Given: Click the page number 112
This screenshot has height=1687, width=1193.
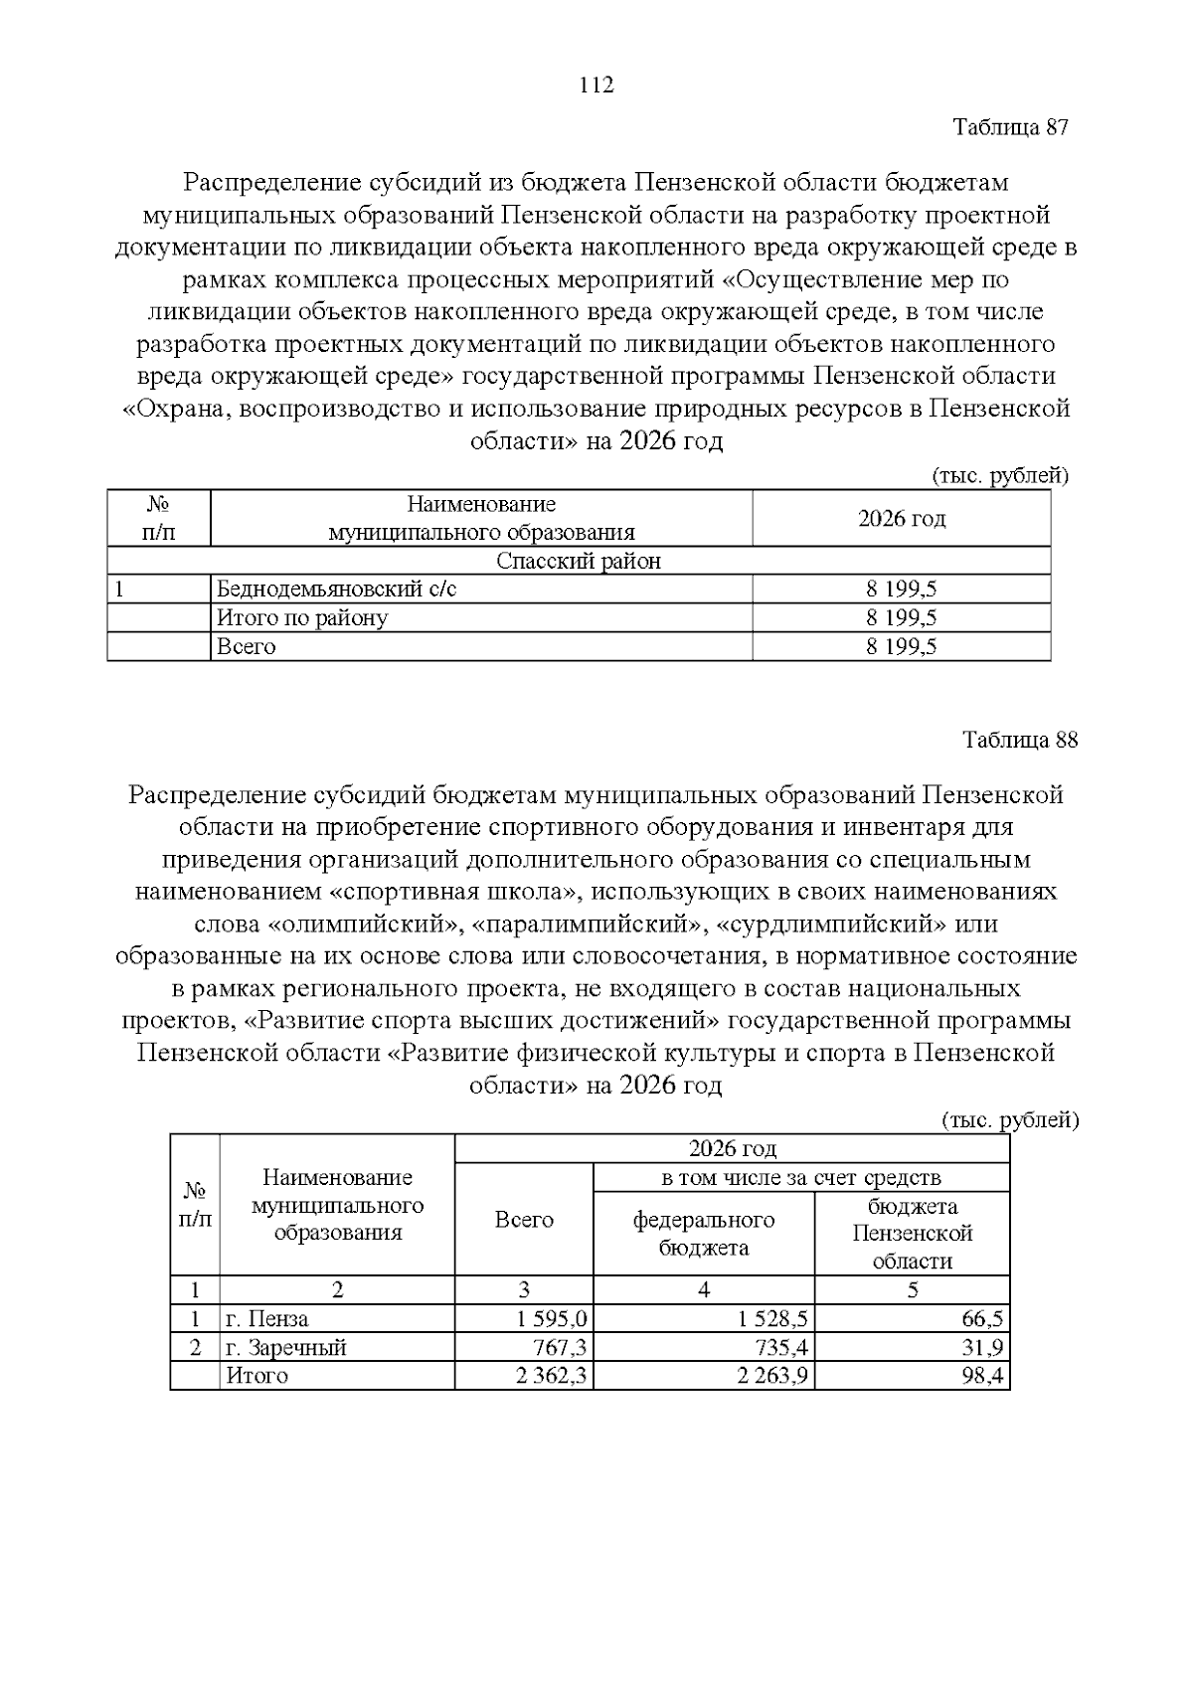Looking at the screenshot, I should click(x=596, y=85).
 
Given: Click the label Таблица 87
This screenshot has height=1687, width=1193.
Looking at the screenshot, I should click(x=1010, y=128).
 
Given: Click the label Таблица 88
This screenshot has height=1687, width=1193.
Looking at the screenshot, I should click(x=1020, y=741).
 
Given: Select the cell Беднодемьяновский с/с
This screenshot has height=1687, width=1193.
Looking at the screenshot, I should click(x=337, y=590).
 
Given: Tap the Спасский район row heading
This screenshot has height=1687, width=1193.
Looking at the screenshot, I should click(x=579, y=561).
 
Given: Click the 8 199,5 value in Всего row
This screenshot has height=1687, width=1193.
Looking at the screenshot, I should click(x=901, y=647).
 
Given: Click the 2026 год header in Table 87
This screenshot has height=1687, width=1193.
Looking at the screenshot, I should click(x=901, y=519).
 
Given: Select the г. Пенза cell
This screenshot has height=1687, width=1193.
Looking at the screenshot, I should click(x=267, y=1319).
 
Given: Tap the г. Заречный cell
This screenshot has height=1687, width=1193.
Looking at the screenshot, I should click(x=286, y=1348).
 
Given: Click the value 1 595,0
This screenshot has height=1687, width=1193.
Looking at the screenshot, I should click(x=553, y=1319).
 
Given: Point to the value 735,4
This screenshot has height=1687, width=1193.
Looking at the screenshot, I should click(x=779, y=1348).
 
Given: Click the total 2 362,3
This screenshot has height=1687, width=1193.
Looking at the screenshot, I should click(x=553, y=1376).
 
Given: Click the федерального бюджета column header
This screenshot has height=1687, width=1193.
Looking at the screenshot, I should click(x=704, y=1234).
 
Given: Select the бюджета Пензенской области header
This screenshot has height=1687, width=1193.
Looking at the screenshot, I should click(x=912, y=1234).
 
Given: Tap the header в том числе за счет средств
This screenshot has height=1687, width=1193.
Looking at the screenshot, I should click(x=801, y=1179).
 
